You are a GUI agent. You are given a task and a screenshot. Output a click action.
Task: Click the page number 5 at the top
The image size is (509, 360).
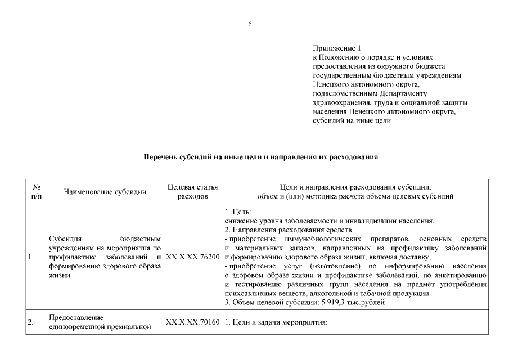(250, 23)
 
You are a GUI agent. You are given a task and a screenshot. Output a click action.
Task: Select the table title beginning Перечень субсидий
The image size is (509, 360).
(260, 157)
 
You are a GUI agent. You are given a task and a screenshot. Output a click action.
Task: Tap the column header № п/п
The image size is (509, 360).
(36, 192)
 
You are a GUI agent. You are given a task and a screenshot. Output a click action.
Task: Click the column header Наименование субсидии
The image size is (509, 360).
(105, 192)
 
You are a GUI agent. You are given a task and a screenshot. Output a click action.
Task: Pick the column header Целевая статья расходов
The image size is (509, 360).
(193, 192)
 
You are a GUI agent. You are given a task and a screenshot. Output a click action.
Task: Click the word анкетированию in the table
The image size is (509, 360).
(462, 276)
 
